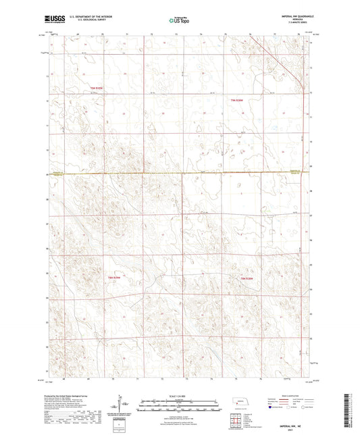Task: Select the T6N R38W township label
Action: click(x=236, y=100)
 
